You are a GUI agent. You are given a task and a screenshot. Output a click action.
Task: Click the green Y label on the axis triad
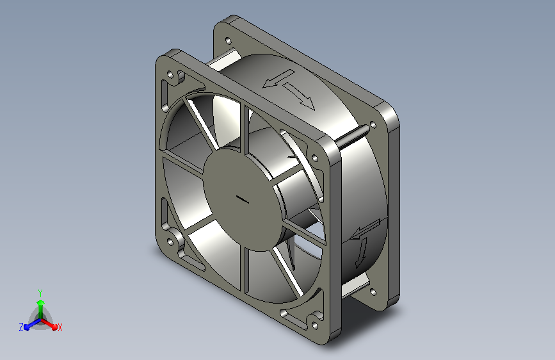pos(40,293)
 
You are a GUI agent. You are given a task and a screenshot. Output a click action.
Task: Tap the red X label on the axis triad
pos(60,327)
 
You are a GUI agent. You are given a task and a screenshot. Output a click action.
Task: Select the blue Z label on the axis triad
pos(21,327)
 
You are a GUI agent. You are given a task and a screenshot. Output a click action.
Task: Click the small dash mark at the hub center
pos(243,199)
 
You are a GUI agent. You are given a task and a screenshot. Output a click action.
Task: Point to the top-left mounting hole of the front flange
pos(170,75)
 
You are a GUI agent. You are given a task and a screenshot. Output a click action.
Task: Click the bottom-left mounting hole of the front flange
pos(170,242)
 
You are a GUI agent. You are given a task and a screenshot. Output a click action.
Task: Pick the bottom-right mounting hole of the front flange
pos(314,325)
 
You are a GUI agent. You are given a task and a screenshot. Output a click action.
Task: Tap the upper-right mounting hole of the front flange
pos(314,158)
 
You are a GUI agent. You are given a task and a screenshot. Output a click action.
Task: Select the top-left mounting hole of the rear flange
pos(228,41)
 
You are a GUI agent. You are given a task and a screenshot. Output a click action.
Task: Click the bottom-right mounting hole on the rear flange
pos(373,292)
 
